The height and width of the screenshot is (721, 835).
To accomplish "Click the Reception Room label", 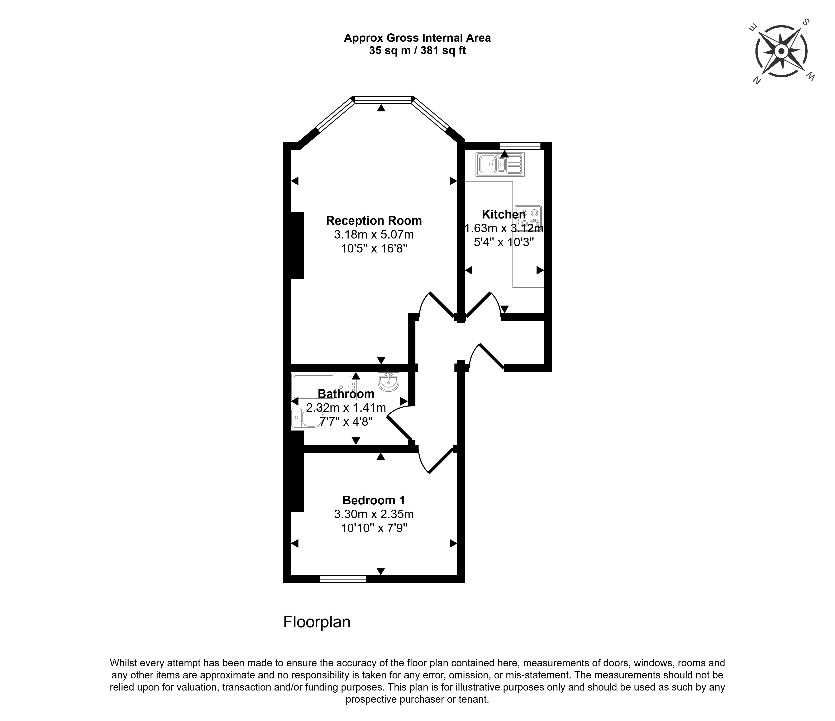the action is [x=374, y=221].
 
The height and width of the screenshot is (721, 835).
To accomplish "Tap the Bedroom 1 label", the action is [x=374, y=500].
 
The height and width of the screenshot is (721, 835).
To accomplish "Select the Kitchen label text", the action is [x=504, y=214].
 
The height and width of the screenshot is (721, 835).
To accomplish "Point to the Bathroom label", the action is [x=346, y=394].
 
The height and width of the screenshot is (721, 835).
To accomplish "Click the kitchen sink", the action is [x=500, y=164].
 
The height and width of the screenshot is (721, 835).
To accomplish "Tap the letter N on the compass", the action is [x=757, y=80].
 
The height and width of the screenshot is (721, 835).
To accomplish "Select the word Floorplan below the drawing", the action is [x=317, y=622].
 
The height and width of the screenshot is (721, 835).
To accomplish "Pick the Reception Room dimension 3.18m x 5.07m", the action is [x=374, y=234].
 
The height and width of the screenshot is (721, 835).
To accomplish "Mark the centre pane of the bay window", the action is [x=384, y=100].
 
